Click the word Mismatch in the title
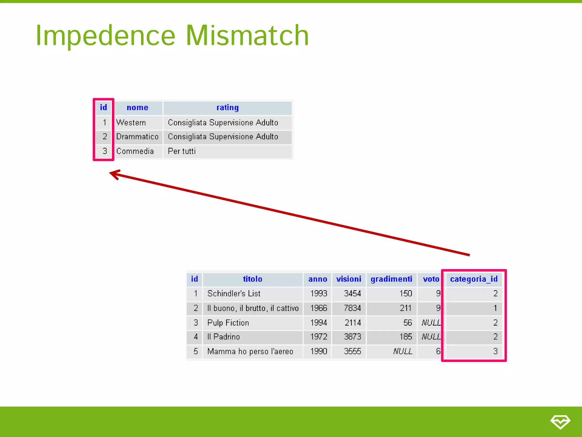click(x=247, y=36)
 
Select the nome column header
click(x=138, y=108)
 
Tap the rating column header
click(x=227, y=108)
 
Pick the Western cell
click(x=131, y=123)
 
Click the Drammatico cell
click(x=137, y=137)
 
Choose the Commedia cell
click(x=135, y=151)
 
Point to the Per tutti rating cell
click(x=182, y=151)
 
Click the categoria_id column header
click(x=474, y=279)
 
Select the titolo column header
click(x=252, y=279)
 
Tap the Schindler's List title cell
click(x=234, y=294)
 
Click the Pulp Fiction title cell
click(x=228, y=323)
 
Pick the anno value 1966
click(x=319, y=308)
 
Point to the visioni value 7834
click(x=352, y=308)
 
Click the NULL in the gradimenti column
click(x=403, y=352)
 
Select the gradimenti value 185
click(x=406, y=337)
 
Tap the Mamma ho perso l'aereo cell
click(x=250, y=352)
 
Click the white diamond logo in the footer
click(x=560, y=422)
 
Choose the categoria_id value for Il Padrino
click(x=495, y=337)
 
